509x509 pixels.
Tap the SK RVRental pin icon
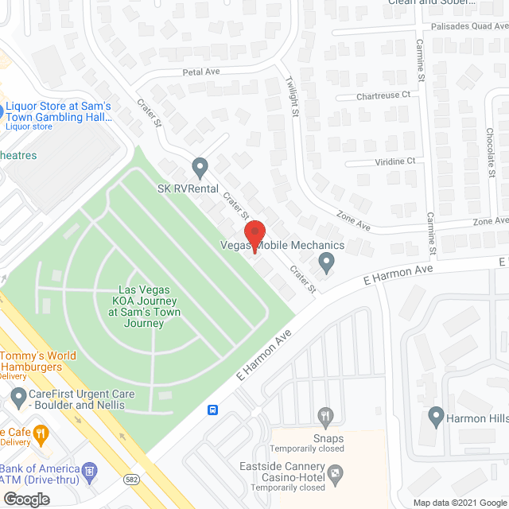(200, 167)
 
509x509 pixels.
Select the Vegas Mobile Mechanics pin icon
(326, 261)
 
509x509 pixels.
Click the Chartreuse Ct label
(384, 95)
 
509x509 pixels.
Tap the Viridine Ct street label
(391, 161)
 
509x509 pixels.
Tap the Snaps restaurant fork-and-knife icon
(324, 414)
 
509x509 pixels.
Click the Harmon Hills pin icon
(436, 414)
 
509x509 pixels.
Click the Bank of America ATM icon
(90, 470)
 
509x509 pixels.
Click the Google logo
(25, 499)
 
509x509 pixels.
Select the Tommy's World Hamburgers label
(39, 361)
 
